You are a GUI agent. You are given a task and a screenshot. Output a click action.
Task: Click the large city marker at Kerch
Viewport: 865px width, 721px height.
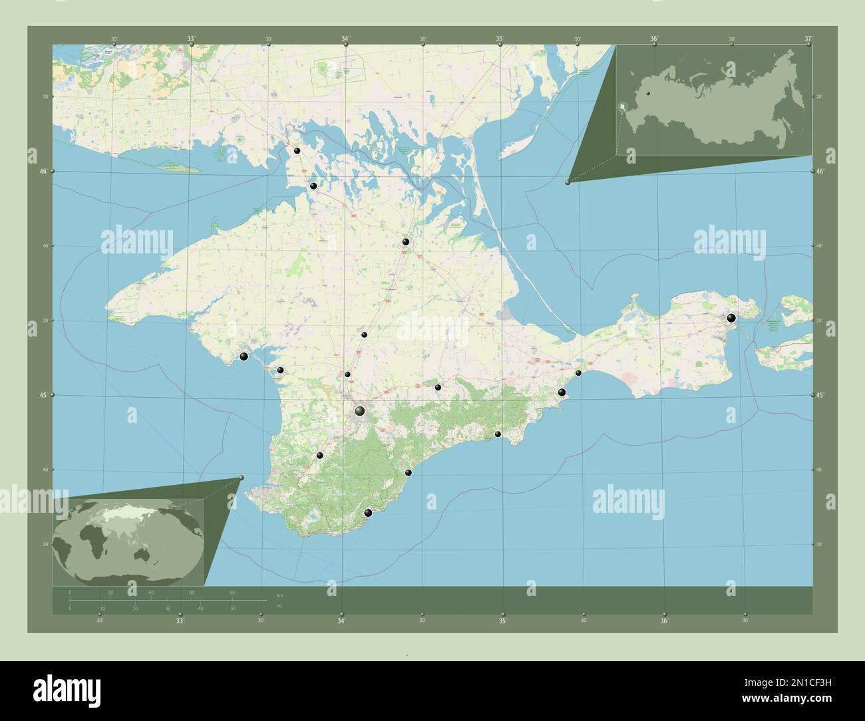point(731,319)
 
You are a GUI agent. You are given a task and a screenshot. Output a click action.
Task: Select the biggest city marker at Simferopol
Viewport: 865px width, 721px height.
point(359,411)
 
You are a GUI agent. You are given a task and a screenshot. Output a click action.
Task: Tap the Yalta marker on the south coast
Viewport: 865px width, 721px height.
point(368,513)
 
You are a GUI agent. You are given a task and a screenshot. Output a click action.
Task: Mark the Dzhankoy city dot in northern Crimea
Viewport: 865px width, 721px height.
point(406,242)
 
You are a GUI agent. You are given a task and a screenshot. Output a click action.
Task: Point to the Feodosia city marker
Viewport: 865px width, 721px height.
point(562,392)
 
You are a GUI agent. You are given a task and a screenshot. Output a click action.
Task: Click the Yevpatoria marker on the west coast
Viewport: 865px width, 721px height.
point(244,357)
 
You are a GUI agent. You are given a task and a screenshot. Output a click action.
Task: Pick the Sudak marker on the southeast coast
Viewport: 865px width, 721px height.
point(498,434)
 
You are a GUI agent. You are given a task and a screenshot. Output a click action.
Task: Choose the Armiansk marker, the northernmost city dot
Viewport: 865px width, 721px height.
point(297,151)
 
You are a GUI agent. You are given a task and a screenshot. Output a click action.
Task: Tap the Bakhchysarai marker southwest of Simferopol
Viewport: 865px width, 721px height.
point(320,456)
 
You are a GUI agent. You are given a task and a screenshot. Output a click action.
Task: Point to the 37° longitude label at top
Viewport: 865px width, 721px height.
point(808,39)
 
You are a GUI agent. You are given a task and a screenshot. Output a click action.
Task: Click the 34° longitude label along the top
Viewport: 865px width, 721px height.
point(346,39)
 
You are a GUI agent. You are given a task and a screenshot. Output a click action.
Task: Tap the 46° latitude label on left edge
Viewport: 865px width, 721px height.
point(42,172)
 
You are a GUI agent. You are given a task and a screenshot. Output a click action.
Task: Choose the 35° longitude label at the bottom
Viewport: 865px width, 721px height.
point(503,621)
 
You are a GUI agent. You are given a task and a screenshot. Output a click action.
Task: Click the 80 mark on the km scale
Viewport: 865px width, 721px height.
point(232,592)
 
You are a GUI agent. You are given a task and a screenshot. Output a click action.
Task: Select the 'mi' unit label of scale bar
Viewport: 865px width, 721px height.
point(269,606)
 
